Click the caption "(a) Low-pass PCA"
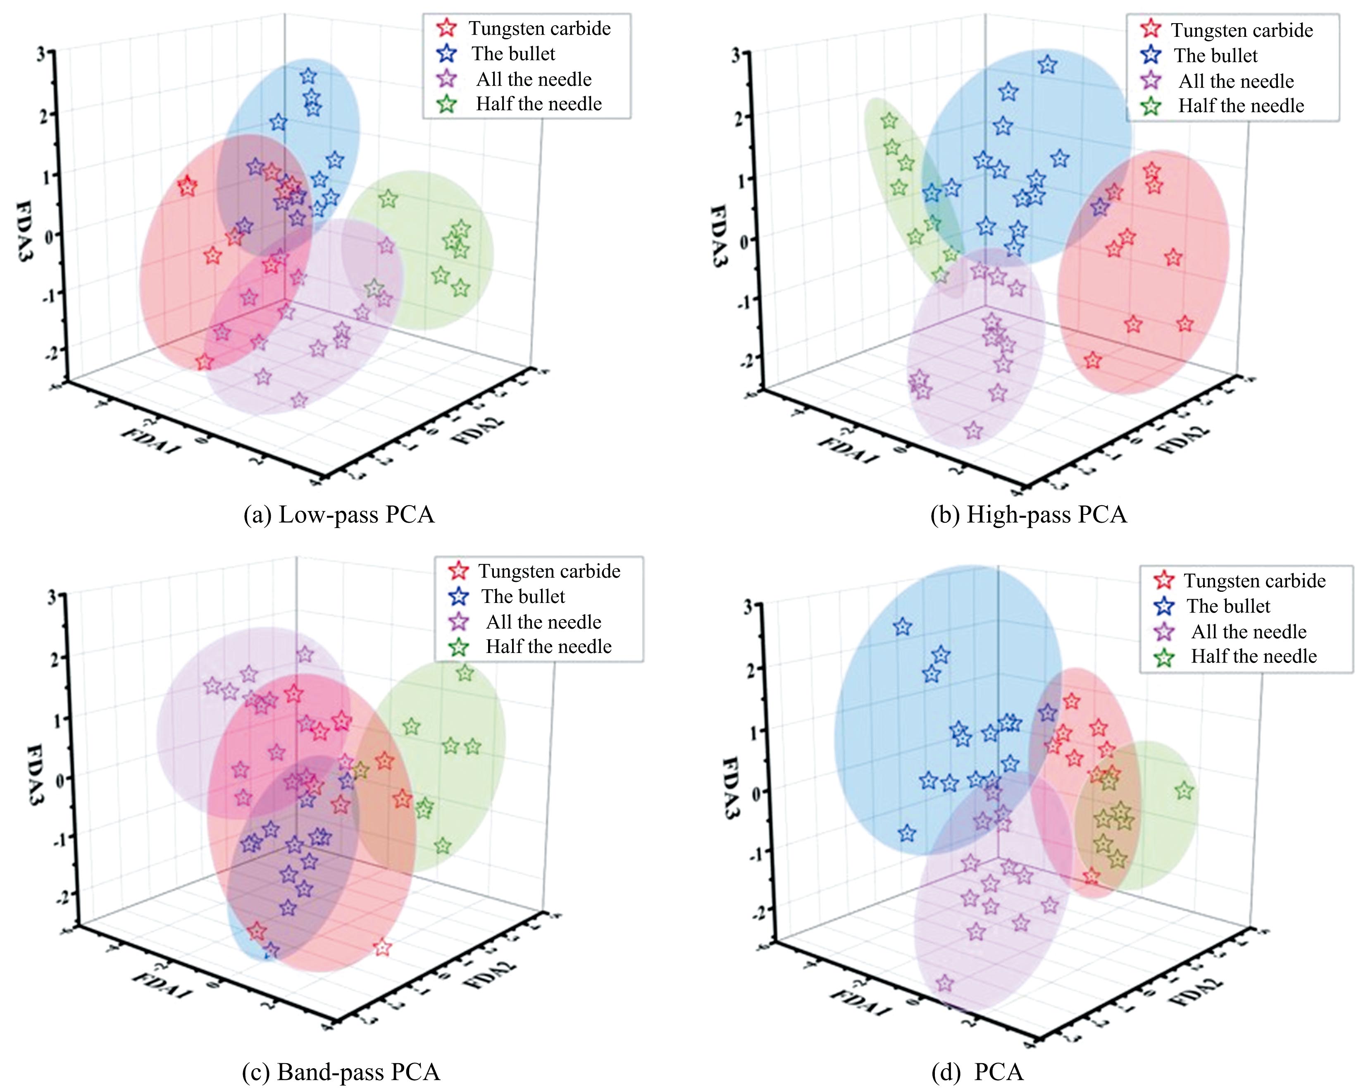[338, 515]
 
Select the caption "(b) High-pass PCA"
[1028, 515]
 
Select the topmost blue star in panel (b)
[1047, 64]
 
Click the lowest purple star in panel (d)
[944, 983]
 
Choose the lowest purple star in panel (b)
[973, 430]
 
